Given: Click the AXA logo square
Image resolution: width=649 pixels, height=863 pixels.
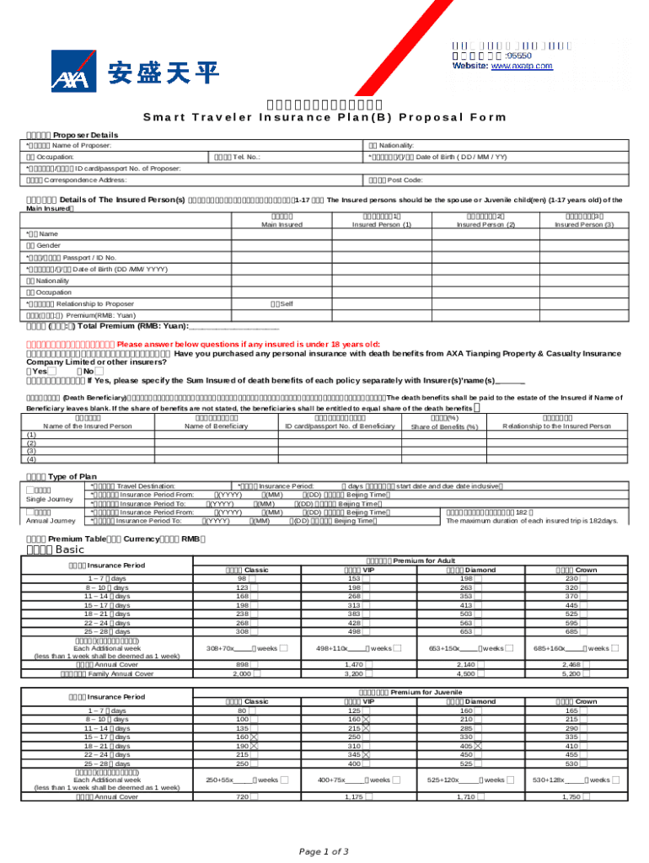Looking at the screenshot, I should click(x=73, y=71).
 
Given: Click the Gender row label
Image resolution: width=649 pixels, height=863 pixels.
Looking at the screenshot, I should click(x=49, y=245).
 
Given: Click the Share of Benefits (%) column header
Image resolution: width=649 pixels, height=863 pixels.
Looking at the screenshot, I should click(x=444, y=426).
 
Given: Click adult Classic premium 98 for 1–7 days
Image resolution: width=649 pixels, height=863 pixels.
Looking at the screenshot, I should click(x=242, y=578).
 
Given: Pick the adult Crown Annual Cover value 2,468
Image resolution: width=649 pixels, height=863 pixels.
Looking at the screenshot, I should click(x=571, y=665).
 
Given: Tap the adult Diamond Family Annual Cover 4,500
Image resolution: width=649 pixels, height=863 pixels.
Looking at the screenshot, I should click(x=464, y=674).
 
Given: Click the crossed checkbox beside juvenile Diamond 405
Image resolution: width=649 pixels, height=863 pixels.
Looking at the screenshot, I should click(x=478, y=745).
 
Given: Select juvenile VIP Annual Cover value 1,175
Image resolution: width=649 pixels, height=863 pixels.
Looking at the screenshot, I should click(x=353, y=796).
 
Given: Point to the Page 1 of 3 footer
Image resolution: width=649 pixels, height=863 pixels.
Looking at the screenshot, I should click(x=324, y=851).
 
